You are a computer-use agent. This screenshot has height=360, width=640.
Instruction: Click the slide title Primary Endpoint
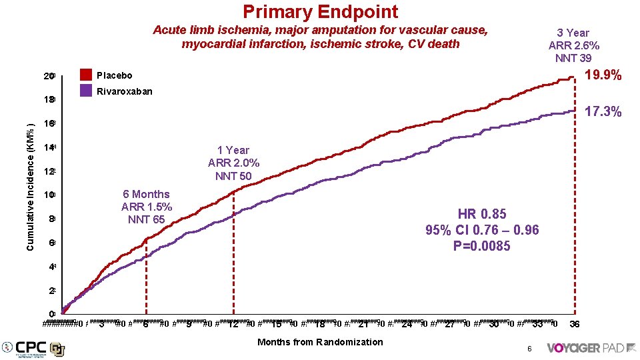point(320,12)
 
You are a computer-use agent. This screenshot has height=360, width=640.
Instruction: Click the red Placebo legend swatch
point(85,75)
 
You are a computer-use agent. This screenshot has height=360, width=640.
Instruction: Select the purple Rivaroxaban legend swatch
point(85,91)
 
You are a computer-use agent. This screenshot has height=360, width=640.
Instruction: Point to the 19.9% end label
point(603,76)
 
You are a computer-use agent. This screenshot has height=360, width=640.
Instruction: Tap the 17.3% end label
point(603,112)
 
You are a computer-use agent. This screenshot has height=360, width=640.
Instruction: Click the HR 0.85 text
point(481,214)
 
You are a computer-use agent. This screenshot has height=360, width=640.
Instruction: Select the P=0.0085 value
point(481,246)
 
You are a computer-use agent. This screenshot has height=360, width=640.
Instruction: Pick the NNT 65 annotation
point(146,219)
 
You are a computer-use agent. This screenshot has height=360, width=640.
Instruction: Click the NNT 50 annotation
point(233,176)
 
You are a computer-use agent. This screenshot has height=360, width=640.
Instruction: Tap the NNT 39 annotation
point(573,58)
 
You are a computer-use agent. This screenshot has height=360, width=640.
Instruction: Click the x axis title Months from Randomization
point(320,342)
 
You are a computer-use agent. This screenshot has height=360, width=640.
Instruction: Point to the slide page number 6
point(528,349)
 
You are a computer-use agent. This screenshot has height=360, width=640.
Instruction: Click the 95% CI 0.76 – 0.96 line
point(481,230)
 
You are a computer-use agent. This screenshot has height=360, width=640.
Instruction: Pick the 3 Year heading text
point(573,33)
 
